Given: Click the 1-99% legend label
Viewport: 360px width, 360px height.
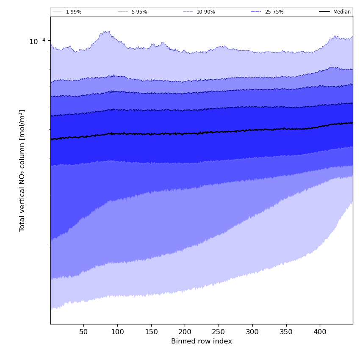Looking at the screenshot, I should (x=74, y=12).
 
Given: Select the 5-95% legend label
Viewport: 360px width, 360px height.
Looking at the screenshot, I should (x=139, y=12).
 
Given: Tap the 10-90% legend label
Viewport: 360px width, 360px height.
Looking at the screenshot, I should (x=205, y=12).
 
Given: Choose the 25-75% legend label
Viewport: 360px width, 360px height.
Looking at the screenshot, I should (x=274, y=12).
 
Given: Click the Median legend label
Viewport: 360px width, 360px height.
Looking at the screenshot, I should (x=342, y=12).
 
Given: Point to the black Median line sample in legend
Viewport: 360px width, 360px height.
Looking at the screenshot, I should (x=324, y=12).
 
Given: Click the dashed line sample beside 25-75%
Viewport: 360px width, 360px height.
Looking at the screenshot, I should (x=256, y=12).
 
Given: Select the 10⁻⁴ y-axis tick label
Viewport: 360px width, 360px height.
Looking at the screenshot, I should (x=37, y=41).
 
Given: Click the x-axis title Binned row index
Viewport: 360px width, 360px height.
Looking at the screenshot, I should (x=202, y=341).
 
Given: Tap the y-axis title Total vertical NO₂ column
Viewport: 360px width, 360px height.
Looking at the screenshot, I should (x=22, y=170).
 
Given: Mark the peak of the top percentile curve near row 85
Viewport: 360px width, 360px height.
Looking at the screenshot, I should (x=108, y=31).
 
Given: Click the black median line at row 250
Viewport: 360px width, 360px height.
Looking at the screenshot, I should (x=219, y=132).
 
